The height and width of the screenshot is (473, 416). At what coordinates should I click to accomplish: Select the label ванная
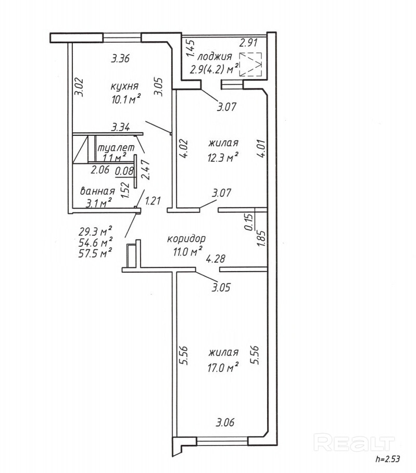(x=97, y=191)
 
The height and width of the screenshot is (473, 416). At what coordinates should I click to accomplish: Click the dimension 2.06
(x=100, y=169)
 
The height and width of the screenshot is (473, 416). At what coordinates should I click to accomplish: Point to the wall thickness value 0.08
(x=124, y=170)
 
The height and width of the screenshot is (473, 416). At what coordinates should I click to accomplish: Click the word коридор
(x=186, y=239)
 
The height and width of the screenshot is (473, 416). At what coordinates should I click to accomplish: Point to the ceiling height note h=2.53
(x=388, y=459)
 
